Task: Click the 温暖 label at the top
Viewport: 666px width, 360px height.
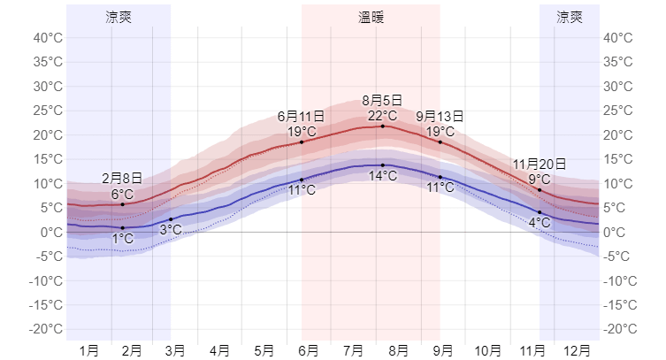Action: pos(371,17)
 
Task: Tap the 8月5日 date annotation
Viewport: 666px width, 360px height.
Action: pos(382,101)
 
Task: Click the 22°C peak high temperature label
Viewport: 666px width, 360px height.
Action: pos(382,115)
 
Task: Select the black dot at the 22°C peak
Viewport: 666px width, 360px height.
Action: pos(383,126)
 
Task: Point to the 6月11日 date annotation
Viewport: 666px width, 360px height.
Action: pos(301,117)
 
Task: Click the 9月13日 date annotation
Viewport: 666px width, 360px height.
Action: pos(440,117)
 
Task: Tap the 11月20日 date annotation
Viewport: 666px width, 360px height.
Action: pos(539,165)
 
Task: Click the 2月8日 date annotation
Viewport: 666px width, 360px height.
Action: pos(122,178)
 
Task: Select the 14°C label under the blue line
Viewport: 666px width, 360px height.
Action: pos(382,176)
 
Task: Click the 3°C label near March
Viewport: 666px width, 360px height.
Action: pos(171,230)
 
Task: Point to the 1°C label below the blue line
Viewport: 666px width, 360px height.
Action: pos(122,239)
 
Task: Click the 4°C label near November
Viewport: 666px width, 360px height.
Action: pos(540,222)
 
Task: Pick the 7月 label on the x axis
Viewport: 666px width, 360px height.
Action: pos(354,350)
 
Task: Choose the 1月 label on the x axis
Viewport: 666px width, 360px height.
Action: pos(88,350)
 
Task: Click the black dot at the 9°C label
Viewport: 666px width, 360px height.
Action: pos(540,189)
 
